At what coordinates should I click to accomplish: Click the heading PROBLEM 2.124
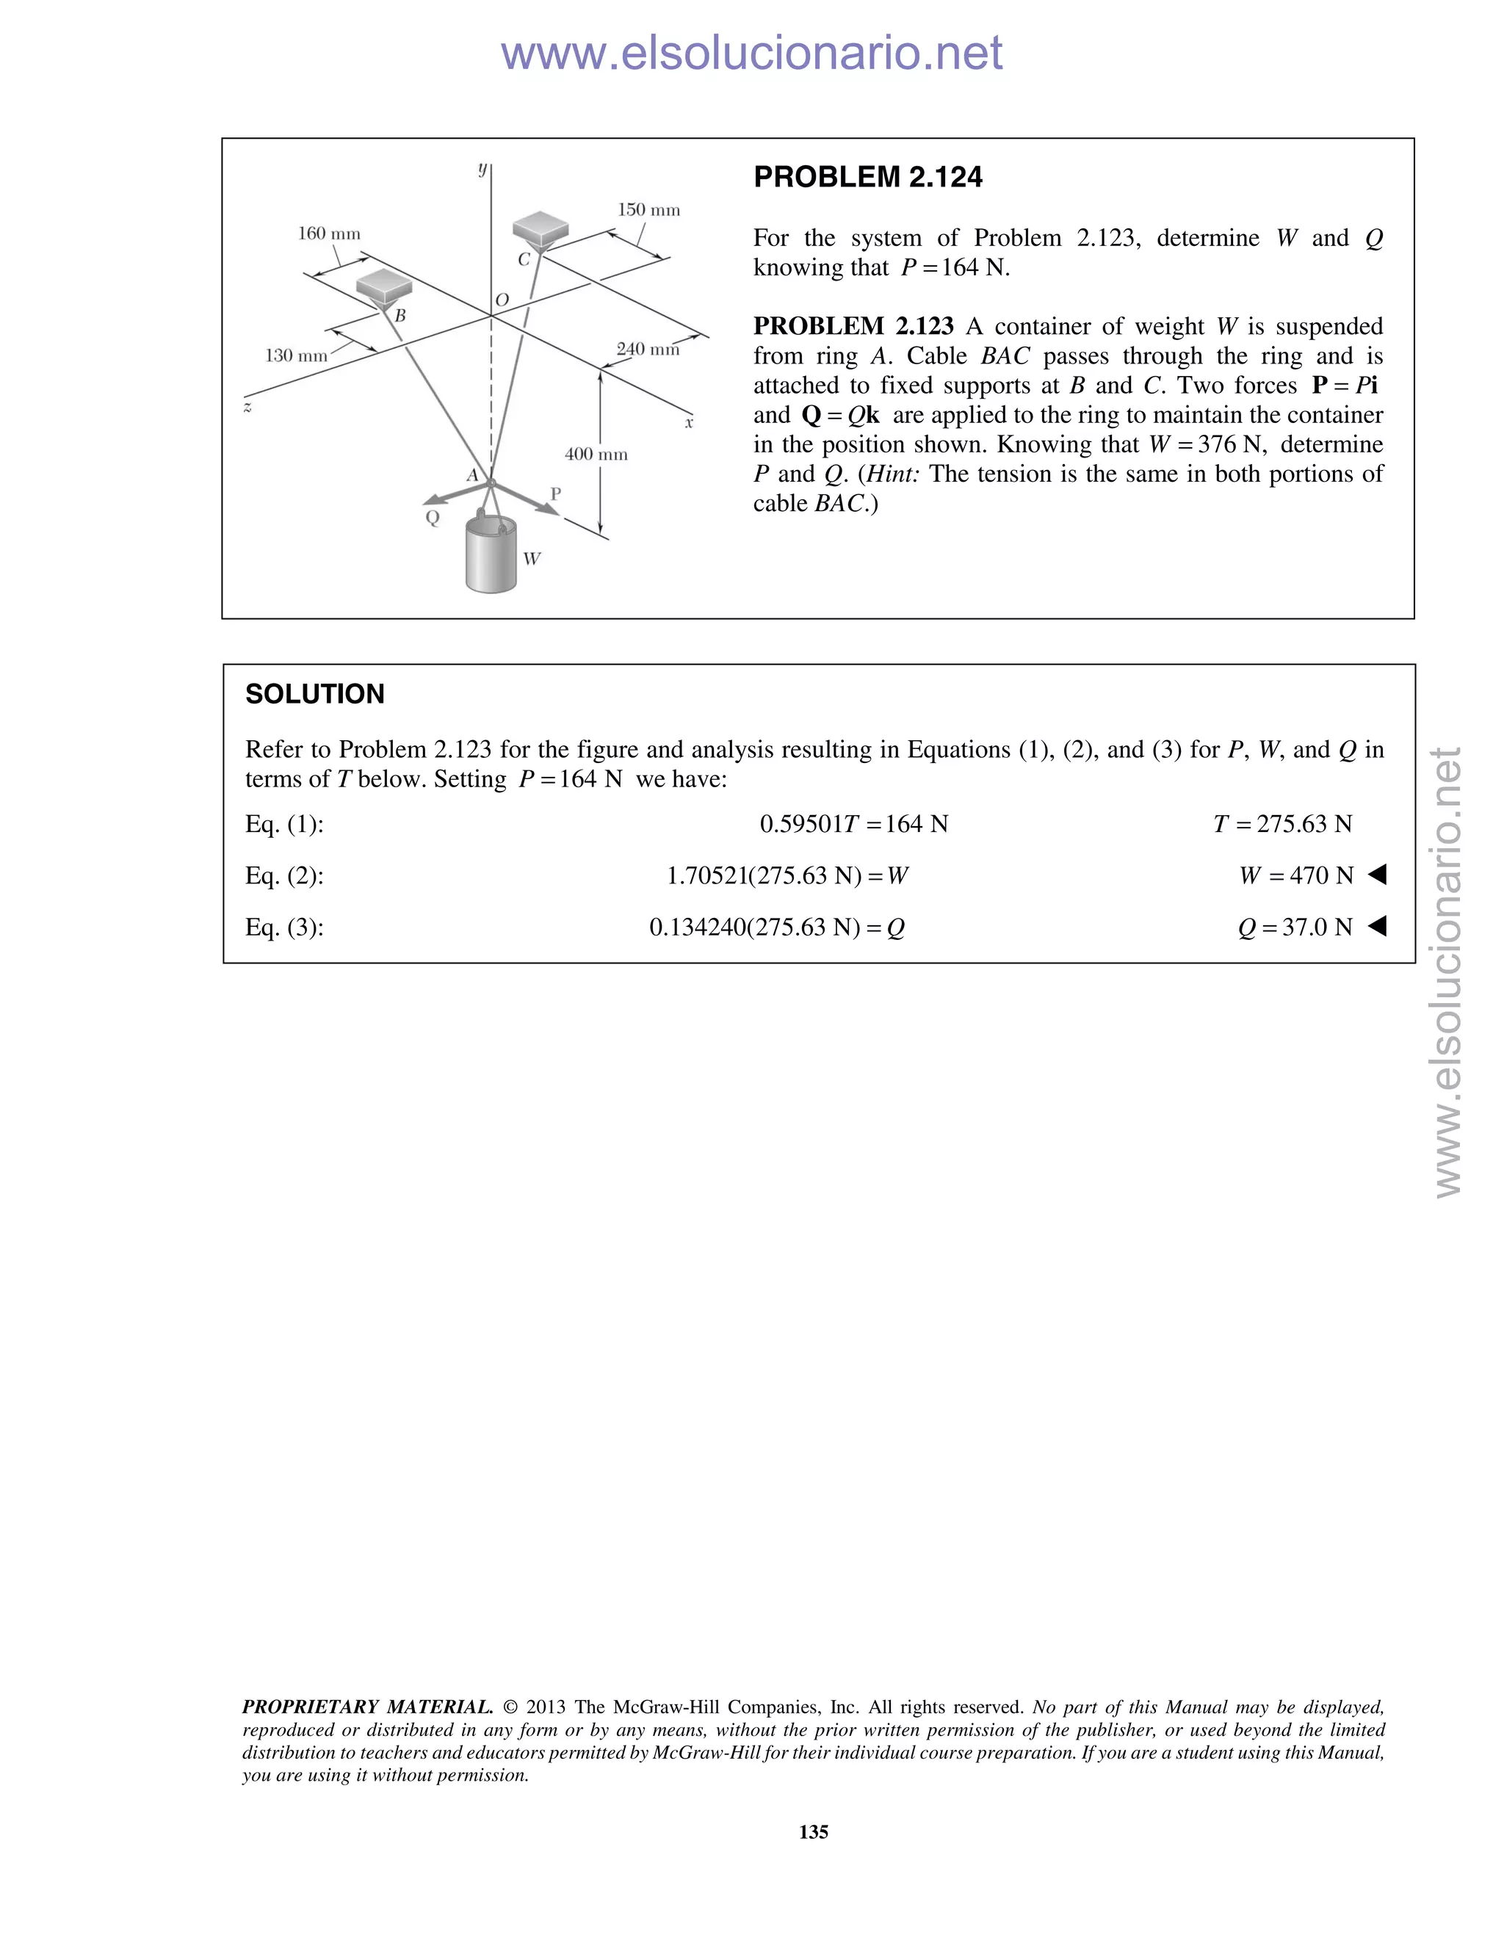tap(867, 177)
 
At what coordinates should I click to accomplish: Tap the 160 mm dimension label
tap(329, 234)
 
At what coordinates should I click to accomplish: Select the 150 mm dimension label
tap(648, 210)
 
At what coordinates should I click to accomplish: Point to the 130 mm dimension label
tap(297, 355)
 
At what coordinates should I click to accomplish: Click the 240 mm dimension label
tap(648, 350)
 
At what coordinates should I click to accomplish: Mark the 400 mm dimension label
tap(596, 455)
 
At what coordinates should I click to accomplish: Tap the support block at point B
tap(384, 286)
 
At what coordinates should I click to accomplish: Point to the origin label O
tap(502, 300)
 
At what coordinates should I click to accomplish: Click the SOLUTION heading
tap(314, 694)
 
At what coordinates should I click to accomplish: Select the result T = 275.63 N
tap(1282, 824)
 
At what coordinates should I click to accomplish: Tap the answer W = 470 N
tap(1295, 876)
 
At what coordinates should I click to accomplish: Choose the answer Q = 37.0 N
tap(1295, 927)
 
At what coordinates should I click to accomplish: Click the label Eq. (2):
tap(284, 876)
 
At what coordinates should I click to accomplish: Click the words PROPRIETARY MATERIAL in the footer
tap(367, 1707)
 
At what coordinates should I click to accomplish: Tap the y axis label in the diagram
tap(482, 167)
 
